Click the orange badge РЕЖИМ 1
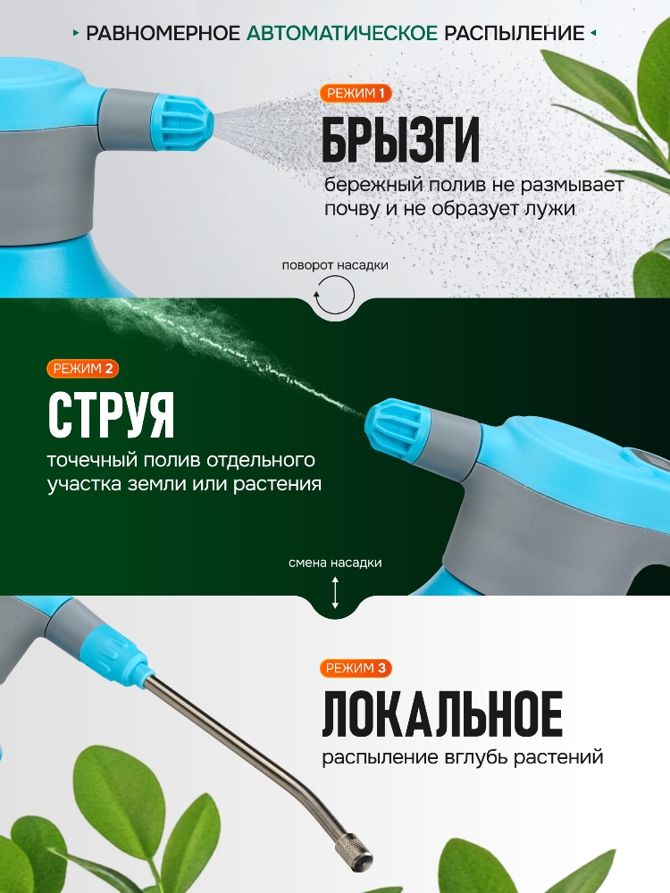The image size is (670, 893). pos(356,94)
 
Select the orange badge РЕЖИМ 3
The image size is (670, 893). pos(356,668)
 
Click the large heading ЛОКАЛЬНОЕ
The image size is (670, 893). pos(442,714)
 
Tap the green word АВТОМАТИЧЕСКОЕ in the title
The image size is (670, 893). pos(342,34)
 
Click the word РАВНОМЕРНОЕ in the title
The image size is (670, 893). pos(163,34)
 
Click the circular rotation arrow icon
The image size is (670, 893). pos(335,294)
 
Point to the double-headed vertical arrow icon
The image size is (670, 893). pos(335,593)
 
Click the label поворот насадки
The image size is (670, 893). pos(335,265)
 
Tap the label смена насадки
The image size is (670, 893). pos(335,563)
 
